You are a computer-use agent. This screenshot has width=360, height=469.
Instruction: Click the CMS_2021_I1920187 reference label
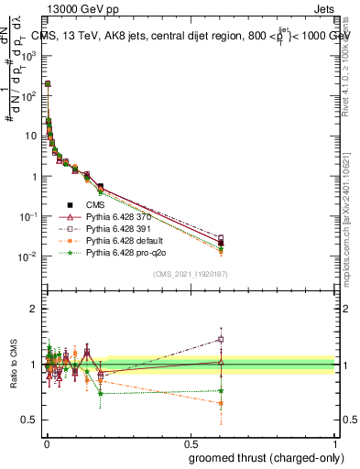(191, 274)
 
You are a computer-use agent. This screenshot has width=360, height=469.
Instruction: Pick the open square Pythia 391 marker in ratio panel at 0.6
(221, 339)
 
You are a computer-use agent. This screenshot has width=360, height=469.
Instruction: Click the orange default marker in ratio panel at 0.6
(221, 403)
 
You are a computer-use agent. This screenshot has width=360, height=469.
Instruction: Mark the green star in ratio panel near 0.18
(101, 393)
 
